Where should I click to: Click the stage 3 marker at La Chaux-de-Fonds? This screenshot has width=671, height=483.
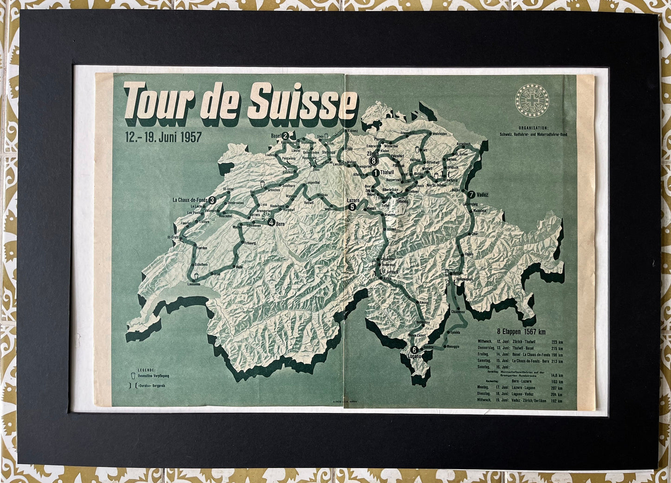coord(212,200)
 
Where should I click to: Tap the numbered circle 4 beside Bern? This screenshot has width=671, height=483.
coord(271,222)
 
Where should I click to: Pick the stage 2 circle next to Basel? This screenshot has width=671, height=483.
coord(286,136)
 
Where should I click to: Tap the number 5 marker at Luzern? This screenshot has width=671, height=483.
coord(352,208)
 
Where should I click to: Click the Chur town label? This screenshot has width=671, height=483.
coord(474,234)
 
